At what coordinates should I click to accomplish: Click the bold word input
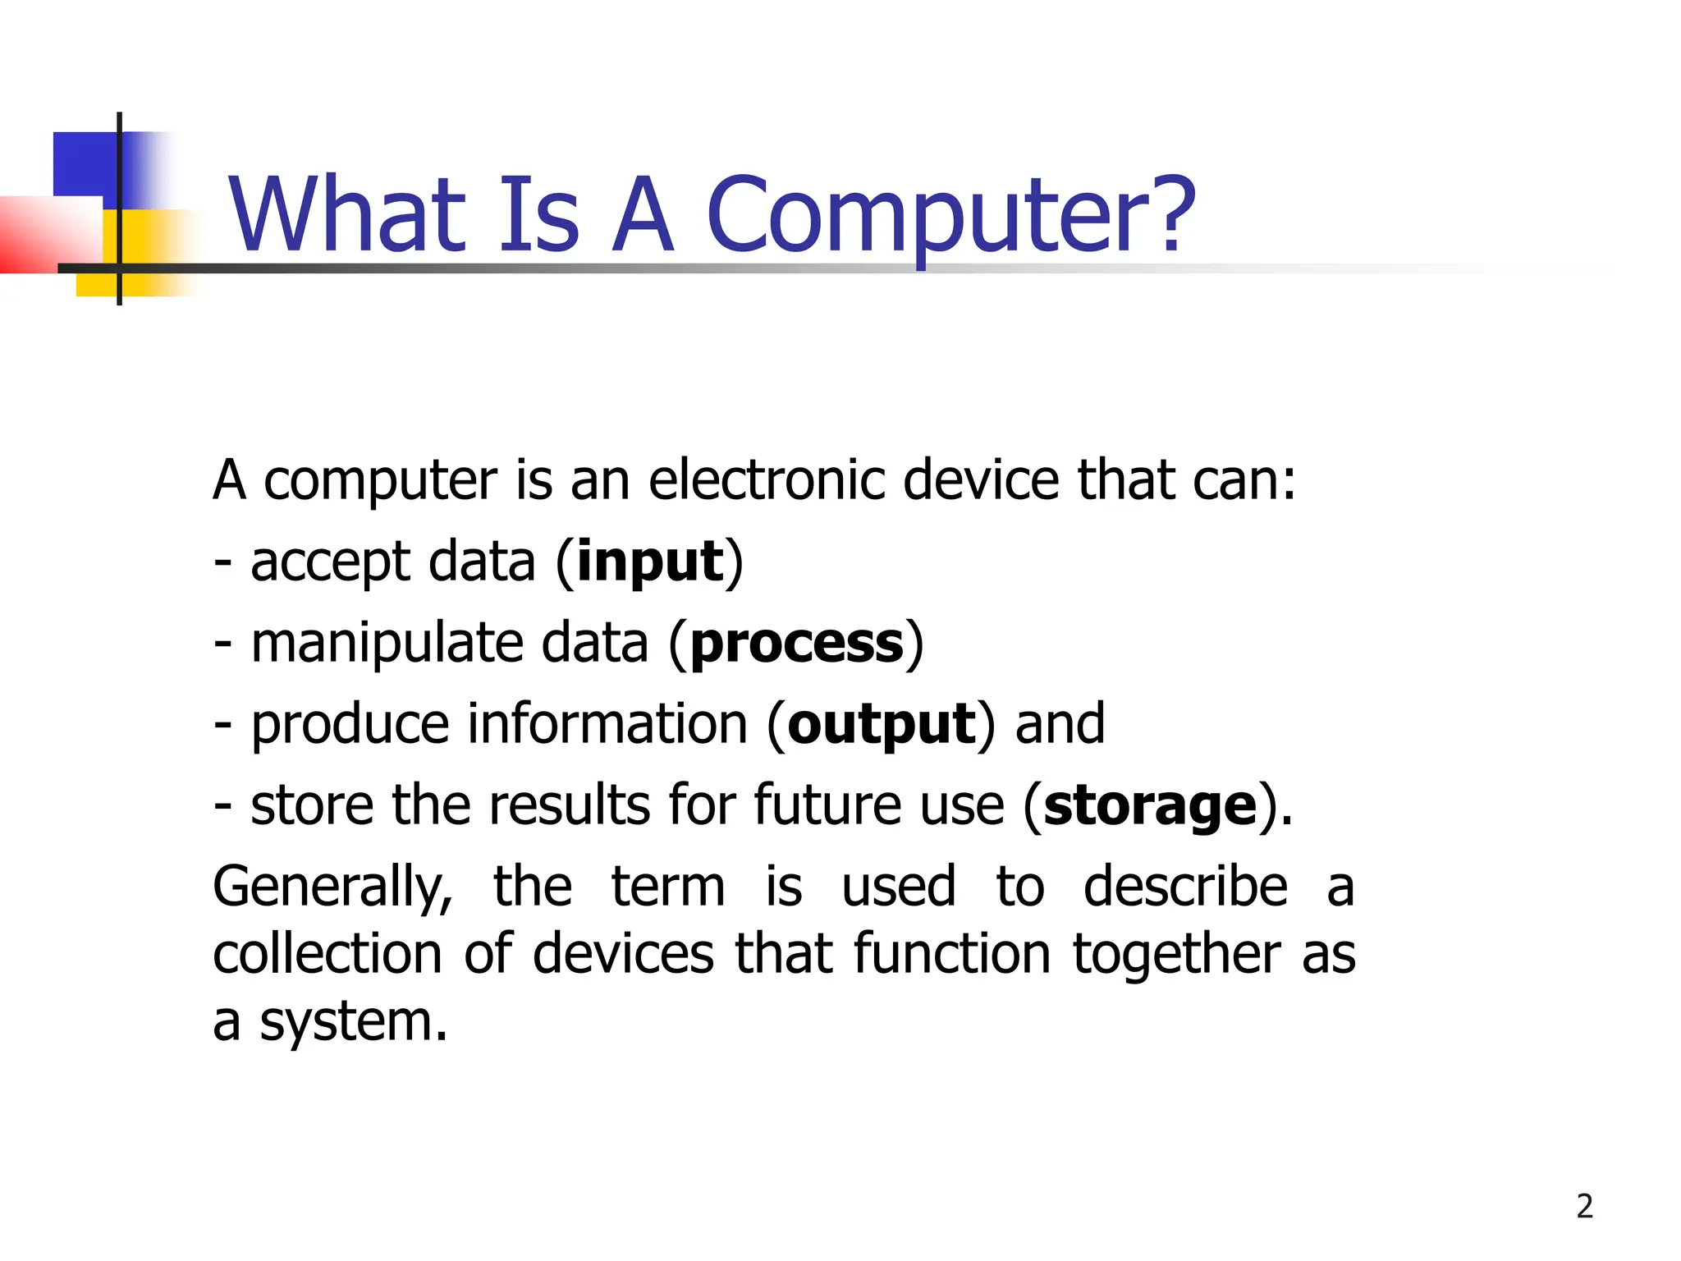(x=650, y=563)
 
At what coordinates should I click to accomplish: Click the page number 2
(x=1585, y=1206)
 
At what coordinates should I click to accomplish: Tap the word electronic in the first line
(x=767, y=479)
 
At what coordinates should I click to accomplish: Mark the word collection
(x=327, y=954)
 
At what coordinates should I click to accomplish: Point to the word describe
(x=1185, y=887)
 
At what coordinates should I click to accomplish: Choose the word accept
(x=329, y=563)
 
